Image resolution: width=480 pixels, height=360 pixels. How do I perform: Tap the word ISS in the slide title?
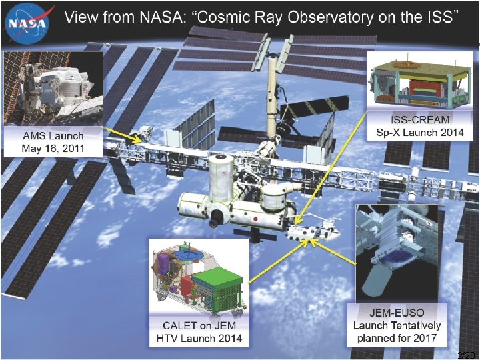pyautogui.click(x=437, y=17)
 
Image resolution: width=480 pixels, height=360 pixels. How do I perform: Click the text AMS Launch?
pyautogui.click(x=53, y=135)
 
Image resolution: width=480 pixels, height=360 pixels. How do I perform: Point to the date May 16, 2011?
pyautogui.click(x=53, y=148)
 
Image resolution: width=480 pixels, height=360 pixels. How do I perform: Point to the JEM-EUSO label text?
pyautogui.click(x=397, y=313)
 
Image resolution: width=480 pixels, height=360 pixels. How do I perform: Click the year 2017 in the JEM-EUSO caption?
pyautogui.click(x=423, y=338)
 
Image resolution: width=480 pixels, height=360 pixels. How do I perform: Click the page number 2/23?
pyautogui.click(x=467, y=354)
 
